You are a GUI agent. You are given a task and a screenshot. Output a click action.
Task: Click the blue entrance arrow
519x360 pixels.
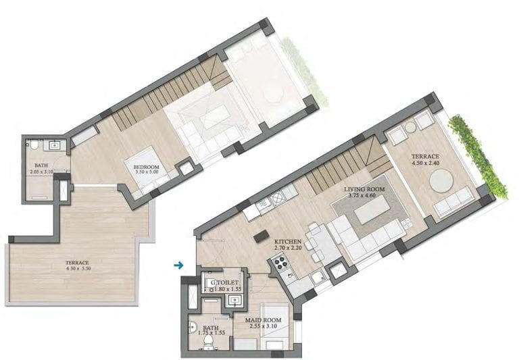178,265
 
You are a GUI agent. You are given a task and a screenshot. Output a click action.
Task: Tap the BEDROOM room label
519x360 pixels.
146,167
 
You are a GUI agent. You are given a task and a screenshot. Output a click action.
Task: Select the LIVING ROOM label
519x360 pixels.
364,189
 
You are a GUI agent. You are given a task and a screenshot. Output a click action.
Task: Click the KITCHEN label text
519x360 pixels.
288,242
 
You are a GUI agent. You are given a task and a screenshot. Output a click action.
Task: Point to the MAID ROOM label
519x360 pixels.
263,320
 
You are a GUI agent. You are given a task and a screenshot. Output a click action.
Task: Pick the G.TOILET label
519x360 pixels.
224,283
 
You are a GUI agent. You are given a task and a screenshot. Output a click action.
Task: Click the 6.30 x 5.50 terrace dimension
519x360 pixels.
78,268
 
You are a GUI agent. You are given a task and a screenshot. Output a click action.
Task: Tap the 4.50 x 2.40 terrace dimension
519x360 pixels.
425,163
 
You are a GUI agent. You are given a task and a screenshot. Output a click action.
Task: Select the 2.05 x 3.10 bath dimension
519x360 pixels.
41,172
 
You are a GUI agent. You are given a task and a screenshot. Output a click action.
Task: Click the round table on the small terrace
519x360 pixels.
441,180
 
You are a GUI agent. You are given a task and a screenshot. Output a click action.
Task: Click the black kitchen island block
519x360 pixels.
261,236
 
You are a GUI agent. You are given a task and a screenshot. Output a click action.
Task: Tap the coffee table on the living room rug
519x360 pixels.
372,209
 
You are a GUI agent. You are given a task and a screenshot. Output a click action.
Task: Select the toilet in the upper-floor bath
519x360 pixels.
34,145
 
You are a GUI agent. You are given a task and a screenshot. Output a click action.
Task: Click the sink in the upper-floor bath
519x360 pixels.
55,145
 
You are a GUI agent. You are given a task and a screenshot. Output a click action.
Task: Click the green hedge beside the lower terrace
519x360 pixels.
478,156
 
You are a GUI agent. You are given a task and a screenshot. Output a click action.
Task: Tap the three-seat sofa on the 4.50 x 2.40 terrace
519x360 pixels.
453,201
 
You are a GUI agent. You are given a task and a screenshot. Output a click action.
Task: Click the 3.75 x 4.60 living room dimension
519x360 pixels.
362,195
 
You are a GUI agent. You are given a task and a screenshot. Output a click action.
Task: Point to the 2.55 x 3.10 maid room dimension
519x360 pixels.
263,326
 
